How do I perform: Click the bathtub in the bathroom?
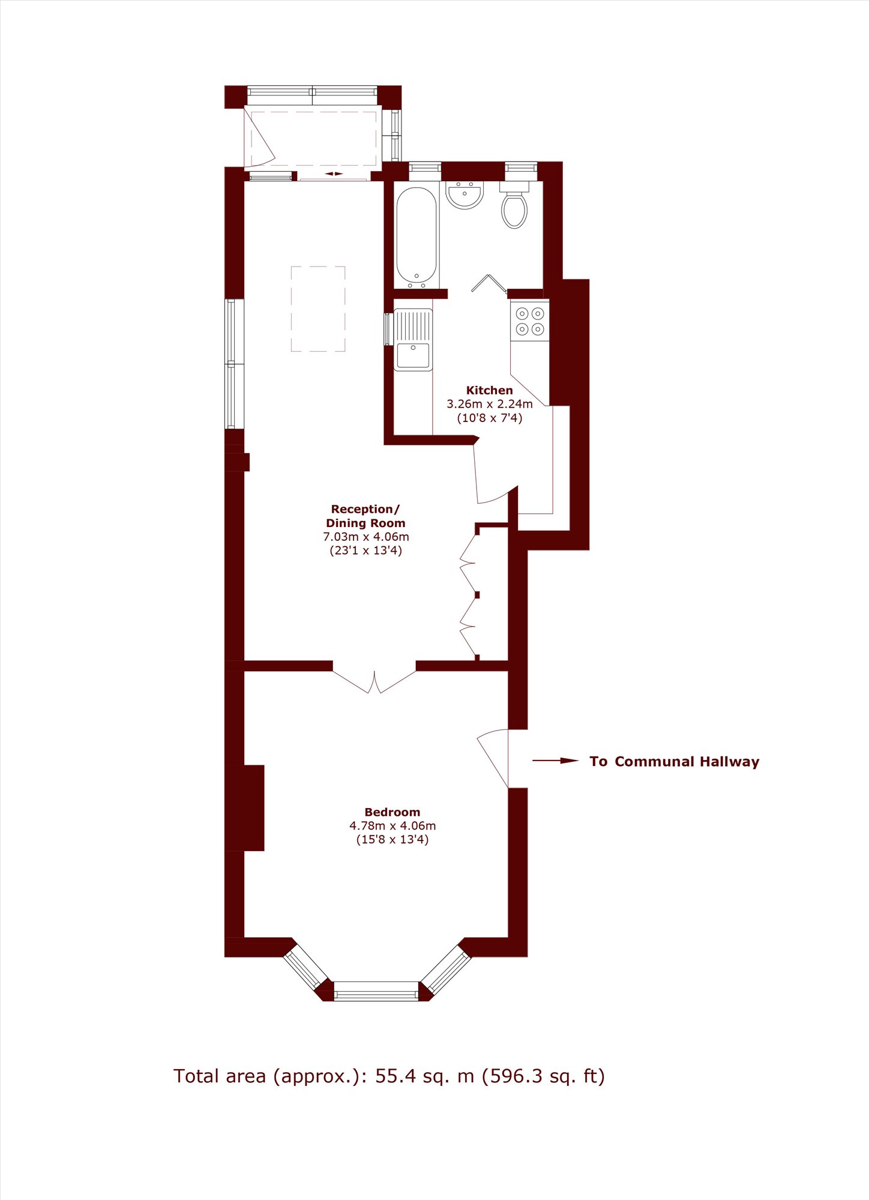point(416,238)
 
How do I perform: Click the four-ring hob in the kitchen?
point(530,321)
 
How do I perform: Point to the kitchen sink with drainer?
point(413,340)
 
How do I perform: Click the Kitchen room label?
point(489,390)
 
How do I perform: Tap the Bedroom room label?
point(392,812)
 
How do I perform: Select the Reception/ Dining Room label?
point(365,516)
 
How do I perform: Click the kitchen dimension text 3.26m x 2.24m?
point(490,404)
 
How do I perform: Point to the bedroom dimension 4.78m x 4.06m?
point(392,826)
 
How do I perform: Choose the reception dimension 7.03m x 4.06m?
point(366,537)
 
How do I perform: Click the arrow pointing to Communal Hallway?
point(556,761)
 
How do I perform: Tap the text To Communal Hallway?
point(675,762)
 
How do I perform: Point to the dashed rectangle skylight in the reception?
point(318,309)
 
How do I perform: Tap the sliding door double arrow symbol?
point(334,174)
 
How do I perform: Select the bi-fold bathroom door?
point(489,283)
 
